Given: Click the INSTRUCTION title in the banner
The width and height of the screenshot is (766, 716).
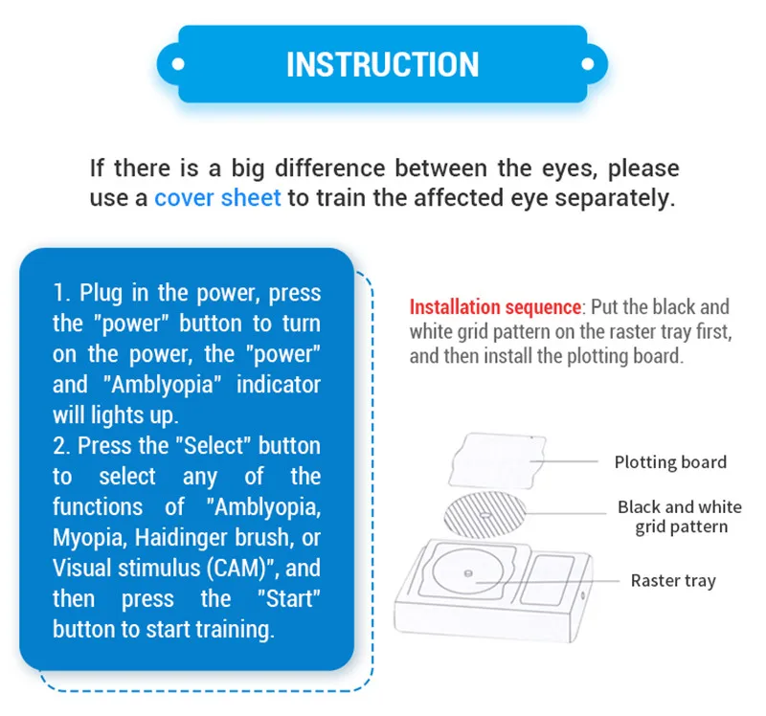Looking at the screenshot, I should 382,64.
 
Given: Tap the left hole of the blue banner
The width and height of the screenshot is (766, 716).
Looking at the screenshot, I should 177,64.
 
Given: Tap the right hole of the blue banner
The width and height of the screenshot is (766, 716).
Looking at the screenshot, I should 587,64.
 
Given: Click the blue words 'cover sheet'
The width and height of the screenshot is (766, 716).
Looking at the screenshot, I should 217,198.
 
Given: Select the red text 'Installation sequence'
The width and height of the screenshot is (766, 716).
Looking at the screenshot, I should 495,307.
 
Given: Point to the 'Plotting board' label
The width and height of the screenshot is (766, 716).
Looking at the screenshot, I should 670,462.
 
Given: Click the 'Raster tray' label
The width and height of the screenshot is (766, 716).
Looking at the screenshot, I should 672,580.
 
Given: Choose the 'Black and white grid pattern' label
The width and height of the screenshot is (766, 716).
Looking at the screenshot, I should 679,517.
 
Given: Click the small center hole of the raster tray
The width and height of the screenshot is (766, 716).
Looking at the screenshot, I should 468,574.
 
